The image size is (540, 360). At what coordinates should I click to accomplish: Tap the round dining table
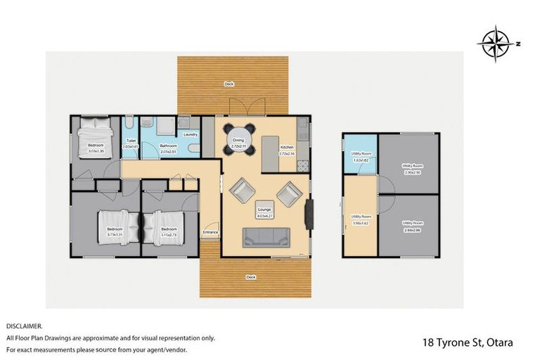(238, 140)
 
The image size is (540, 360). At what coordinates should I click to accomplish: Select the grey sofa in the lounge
(266, 238)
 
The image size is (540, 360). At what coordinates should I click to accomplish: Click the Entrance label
(210, 232)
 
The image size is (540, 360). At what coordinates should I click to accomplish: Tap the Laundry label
(190, 134)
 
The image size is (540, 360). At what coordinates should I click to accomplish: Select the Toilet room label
(131, 141)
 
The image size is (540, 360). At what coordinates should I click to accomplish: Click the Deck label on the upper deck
(229, 83)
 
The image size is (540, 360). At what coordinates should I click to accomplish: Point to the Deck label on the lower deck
(251, 277)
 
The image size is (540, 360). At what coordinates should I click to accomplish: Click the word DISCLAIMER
(25, 326)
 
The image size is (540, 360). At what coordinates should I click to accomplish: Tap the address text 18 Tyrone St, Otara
(468, 342)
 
